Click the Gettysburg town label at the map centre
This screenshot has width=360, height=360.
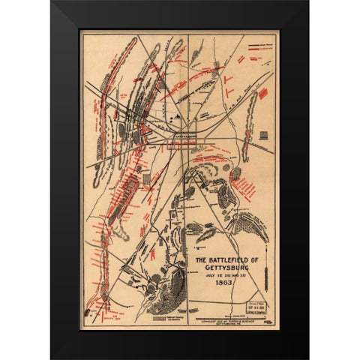(x=184, y=136)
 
